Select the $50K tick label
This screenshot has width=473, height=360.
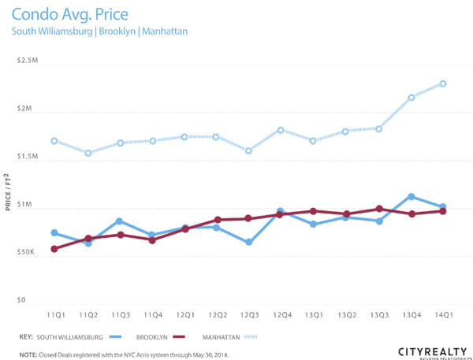pos(26,253)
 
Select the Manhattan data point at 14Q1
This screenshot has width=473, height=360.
pos(443,84)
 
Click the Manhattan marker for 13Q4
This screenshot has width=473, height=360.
pos(411,98)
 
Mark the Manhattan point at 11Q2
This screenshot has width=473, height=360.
pos(87,153)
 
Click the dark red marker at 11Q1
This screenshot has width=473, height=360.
pos(54,249)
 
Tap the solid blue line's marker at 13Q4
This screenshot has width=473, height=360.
pos(411,197)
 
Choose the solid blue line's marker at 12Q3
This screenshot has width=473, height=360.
pos(248,242)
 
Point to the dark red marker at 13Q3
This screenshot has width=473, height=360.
pos(378,209)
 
